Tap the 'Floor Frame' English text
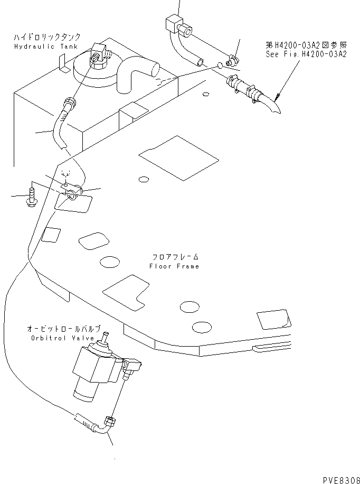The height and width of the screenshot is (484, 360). click(174, 266)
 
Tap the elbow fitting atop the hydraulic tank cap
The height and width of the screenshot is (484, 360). click(99, 55)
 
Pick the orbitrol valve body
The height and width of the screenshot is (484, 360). click(96, 370)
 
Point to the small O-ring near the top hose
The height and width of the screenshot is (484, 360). click(220, 66)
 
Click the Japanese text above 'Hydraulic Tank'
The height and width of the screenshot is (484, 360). click(47, 38)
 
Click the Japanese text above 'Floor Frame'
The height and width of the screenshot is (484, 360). click(174, 257)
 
